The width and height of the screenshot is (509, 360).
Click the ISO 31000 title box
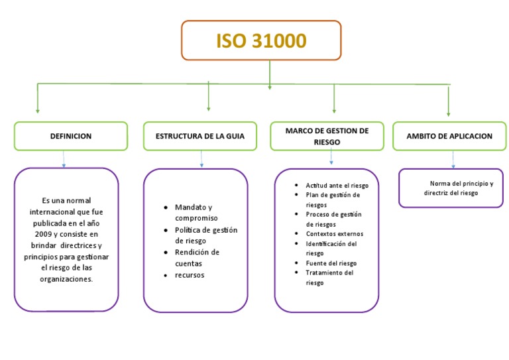(x=261, y=40)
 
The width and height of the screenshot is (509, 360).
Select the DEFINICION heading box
(x=71, y=136)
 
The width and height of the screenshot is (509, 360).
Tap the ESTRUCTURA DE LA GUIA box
(x=200, y=136)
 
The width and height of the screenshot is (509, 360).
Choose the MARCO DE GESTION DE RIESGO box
(x=327, y=136)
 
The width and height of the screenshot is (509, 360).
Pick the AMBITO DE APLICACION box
(x=453, y=136)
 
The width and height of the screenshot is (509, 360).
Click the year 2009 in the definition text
(x=44, y=234)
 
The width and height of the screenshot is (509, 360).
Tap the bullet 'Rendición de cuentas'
(x=197, y=258)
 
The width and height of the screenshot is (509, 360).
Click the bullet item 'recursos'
(x=190, y=275)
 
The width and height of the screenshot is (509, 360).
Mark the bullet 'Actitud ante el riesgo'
(x=337, y=186)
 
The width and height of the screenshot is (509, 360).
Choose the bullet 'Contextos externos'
(x=334, y=234)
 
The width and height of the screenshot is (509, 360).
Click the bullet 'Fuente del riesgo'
(x=331, y=263)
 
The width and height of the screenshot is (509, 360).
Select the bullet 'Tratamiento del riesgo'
(x=329, y=278)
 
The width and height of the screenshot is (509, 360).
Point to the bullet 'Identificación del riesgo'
(x=331, y=248)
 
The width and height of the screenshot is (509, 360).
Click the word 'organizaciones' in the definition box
(x=66, y=279)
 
